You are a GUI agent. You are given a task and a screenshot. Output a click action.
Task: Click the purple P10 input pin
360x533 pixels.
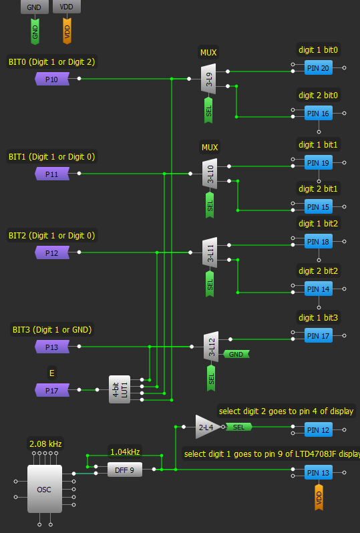pos(52,79)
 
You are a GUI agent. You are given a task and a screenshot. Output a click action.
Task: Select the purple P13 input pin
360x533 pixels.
pos(52,347)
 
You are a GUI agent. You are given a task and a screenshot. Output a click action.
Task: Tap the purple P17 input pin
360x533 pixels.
pos(52,390)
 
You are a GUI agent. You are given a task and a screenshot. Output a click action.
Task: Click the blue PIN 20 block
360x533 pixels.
pos(318,68)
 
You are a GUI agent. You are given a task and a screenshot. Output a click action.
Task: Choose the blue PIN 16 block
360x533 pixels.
pos(318,113)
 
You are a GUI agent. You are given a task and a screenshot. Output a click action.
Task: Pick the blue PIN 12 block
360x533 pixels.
pos(318,430)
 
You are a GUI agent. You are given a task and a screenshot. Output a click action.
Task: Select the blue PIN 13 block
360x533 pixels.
pos(318,472)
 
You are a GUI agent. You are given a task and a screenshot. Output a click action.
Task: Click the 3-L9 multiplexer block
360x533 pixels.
pos(208,79)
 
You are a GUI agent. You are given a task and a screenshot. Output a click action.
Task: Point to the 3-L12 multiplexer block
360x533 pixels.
pos(211,347)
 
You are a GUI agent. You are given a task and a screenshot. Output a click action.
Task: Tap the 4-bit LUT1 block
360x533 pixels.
pos(120,389)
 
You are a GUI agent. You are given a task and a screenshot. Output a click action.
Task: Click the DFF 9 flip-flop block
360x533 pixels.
pos(125,470)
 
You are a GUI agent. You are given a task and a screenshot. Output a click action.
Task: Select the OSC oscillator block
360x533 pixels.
pos(45,489)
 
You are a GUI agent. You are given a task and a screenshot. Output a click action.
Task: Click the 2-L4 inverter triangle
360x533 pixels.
pos(208,427)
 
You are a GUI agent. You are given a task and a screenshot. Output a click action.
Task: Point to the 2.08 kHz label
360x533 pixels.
pos(45,444)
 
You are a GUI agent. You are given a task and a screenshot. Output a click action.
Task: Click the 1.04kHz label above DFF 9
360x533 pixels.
pos(125,452)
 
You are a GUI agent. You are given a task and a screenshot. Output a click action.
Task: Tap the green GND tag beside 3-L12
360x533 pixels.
pos(236,354)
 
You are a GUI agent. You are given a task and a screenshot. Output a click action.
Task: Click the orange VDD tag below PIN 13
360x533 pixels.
pos(319,497)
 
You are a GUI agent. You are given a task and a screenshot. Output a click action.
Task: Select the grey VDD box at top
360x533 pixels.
pos(67,7)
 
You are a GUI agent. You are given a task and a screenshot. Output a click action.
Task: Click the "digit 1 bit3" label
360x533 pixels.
pos(318,317)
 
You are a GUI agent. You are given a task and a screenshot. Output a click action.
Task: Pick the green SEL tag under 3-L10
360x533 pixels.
pos(210,205)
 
